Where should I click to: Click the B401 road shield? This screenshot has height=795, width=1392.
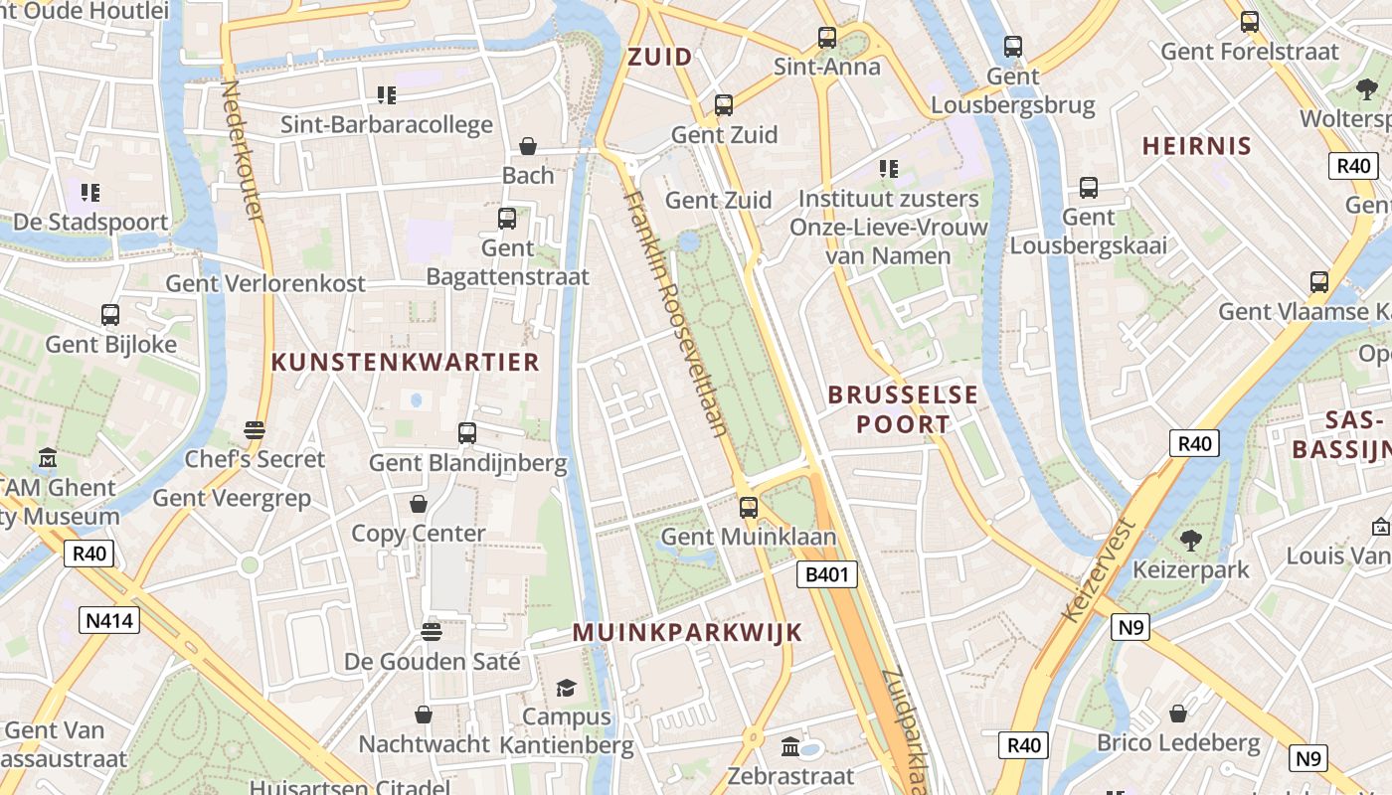pos(827,574)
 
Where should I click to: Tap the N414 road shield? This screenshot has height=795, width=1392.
pos(109,621)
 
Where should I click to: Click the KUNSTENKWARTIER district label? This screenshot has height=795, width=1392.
pos(406,363)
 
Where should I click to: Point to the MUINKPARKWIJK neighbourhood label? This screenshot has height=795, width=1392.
pos(687,633)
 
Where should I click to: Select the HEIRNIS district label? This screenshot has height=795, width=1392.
pos(1196,146)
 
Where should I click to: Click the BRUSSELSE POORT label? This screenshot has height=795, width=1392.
pos(903,409)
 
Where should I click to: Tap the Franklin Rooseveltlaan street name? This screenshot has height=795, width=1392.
pos(676,313)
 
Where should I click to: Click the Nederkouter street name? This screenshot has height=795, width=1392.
pos(243,149)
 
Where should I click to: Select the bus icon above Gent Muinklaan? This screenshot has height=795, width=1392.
pos(749,508)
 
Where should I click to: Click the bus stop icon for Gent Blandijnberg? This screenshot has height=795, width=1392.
pos(467,433)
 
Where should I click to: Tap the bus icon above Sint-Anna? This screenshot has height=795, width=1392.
pos(827,38)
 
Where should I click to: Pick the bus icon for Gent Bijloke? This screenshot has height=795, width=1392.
pos(110,315)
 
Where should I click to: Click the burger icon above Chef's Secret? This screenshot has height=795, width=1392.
pos(255,430)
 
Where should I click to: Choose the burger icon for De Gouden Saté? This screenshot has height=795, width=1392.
pos(432,632)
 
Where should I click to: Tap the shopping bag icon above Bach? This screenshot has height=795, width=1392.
pos(528,146)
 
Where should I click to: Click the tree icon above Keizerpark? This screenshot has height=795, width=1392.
pos(1191,541)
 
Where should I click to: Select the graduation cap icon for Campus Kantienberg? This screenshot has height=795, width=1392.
pos(566,688)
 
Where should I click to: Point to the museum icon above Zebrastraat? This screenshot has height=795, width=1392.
pos(790,746)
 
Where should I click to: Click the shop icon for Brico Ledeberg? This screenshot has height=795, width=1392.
pos(1178,714)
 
